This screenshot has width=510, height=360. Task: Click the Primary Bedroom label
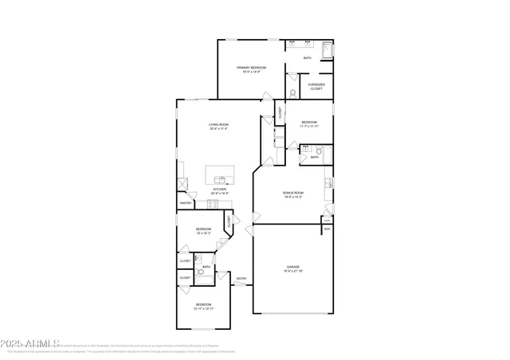click(x=251, y=69)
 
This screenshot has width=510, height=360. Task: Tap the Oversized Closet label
click(x=316, y=87)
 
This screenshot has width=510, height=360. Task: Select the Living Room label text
click(x=219, y=127)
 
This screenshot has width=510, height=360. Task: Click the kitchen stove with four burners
click(x=213, y=205)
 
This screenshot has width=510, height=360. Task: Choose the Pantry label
click(x=185, y=203)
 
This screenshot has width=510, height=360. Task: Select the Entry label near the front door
click(x=241, y=279)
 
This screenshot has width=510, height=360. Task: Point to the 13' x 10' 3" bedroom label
click(x=204, y=231)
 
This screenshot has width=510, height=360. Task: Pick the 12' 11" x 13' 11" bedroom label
click(x=204, y=306)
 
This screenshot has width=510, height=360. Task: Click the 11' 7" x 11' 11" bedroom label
click(x=309, y=124)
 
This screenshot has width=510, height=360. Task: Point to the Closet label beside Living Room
click(x=280, y=112)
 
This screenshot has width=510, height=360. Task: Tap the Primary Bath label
click(x=308, y=57)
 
